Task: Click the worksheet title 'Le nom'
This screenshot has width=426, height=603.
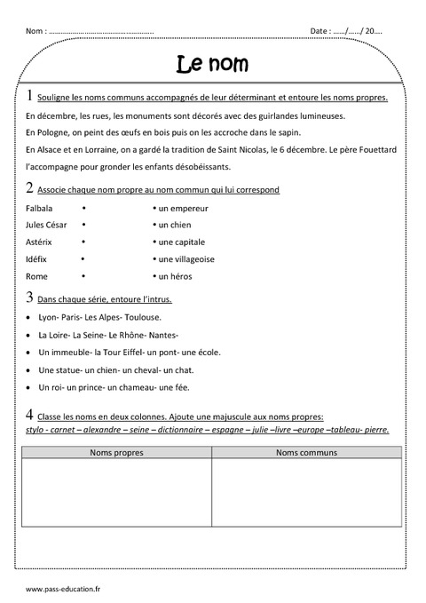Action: (213, 64)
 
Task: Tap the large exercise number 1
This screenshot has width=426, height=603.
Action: (30, 96)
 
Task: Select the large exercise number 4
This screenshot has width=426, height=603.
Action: (30, 415)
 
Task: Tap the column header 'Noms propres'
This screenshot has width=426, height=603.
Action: (116, 453)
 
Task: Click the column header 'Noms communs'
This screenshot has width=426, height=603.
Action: (306, 453)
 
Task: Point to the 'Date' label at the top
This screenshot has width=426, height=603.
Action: (319, 31)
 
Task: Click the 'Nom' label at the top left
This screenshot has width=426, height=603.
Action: (35, 31)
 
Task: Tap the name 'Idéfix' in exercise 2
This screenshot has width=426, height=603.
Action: (38, 259)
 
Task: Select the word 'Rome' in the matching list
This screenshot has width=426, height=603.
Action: (37, 276)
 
